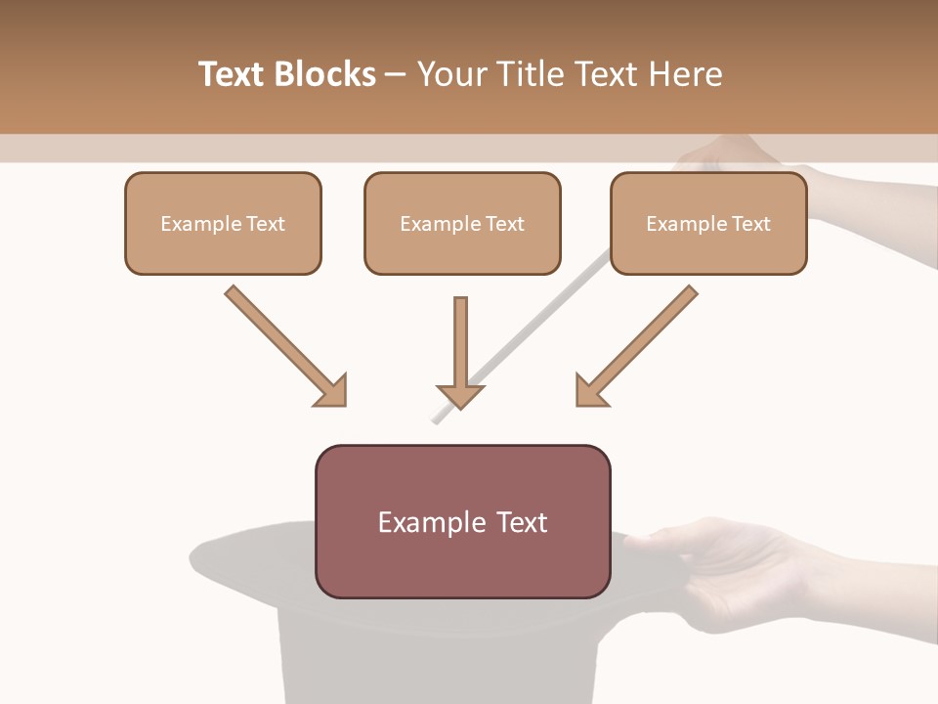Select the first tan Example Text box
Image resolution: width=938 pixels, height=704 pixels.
pos(223,224)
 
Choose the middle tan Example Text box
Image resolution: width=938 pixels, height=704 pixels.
pos(462,224)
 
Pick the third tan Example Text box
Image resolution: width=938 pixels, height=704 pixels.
pos(708,224)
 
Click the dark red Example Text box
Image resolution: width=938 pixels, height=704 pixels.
pos(462,522)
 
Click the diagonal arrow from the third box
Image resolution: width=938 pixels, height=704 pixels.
pos(637,344)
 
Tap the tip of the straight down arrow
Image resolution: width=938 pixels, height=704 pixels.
pos(460,406)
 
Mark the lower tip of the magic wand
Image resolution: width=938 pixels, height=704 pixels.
pos(434,421)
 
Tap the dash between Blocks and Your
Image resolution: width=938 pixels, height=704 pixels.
pos(396,74)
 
